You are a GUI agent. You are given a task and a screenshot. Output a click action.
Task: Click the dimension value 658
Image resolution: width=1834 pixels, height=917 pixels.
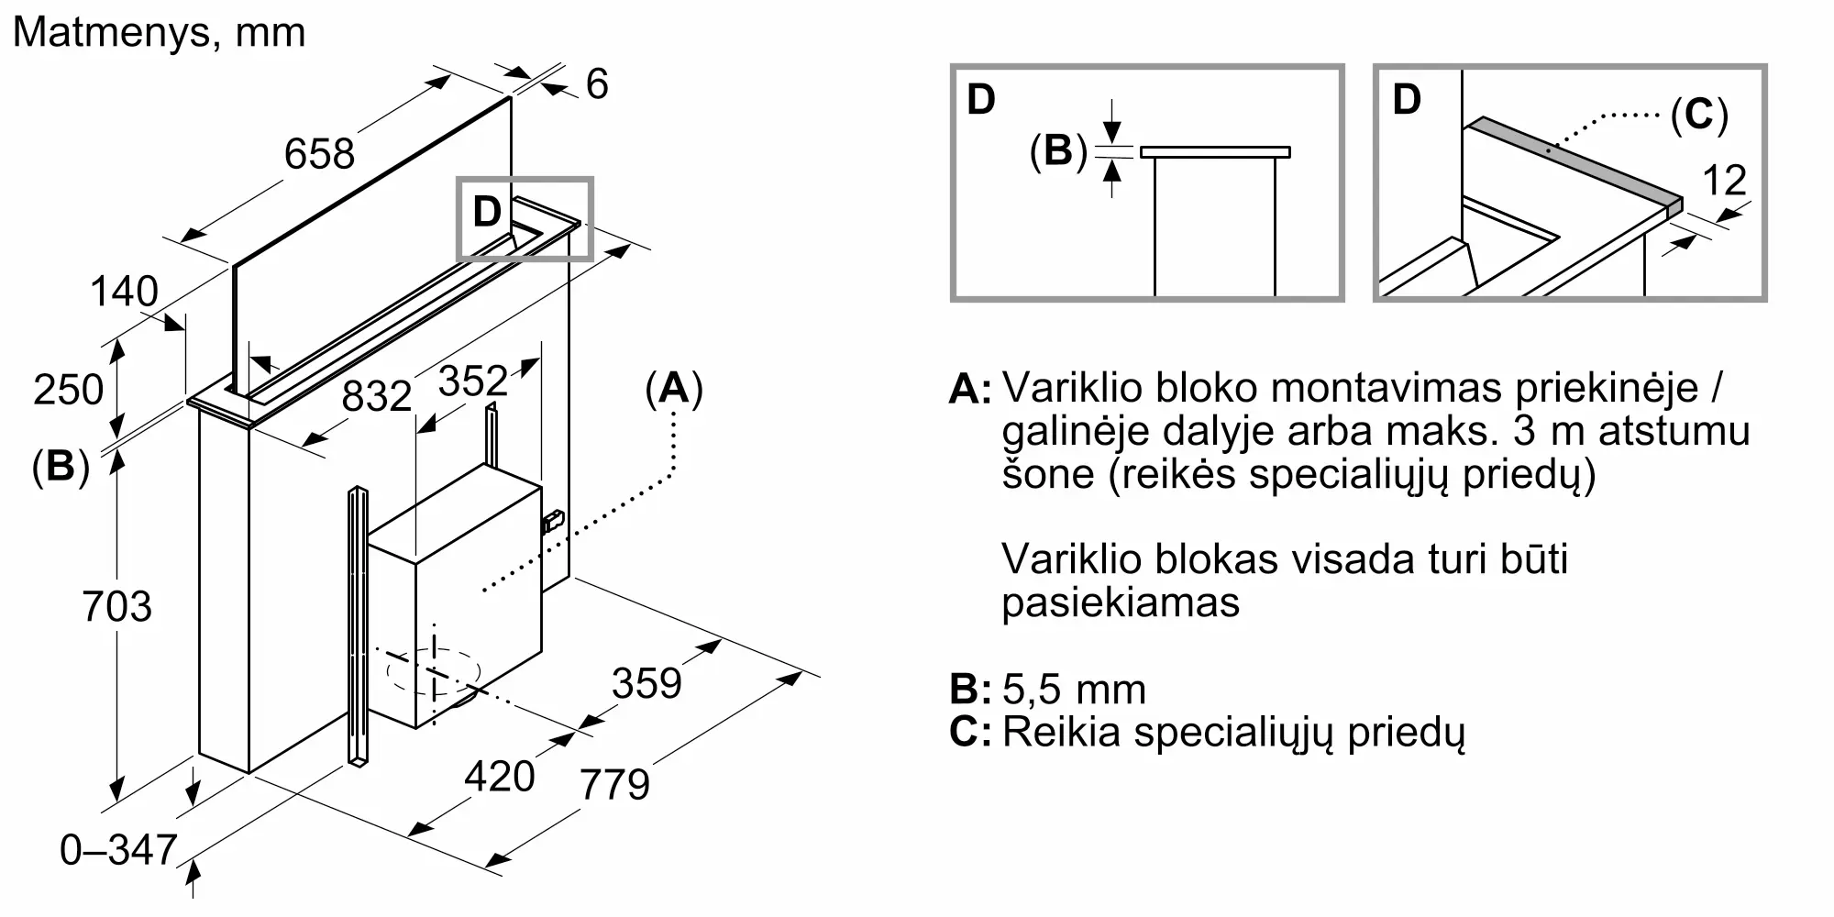point(319,153)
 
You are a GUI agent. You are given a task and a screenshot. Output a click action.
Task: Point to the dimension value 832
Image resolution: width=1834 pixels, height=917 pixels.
point(377,396)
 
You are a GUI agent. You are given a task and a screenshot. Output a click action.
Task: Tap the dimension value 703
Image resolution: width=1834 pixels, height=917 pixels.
point(116,607)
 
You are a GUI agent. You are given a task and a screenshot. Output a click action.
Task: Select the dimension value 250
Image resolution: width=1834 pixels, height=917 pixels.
point(68,390)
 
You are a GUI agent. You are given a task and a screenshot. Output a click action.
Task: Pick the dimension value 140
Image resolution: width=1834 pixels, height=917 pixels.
point(124,292)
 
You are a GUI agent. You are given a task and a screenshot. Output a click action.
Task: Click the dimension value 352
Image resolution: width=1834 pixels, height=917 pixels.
point(473,381)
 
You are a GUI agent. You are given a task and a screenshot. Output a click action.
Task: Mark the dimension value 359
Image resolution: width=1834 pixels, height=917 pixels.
point(647,684)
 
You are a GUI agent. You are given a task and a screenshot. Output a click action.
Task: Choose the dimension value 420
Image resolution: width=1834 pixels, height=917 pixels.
point(500,777)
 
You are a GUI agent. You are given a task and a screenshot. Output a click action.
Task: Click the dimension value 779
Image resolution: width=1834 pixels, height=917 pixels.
point(615,784)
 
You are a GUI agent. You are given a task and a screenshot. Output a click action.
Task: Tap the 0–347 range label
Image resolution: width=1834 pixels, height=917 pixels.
point(118,850)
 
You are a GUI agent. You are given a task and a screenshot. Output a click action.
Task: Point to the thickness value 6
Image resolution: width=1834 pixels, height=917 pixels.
point(597,84)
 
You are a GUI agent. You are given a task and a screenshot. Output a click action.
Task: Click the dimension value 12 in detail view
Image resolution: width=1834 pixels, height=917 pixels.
point(1724,181)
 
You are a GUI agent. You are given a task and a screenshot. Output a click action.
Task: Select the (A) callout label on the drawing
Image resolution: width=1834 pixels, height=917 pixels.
point(674,389)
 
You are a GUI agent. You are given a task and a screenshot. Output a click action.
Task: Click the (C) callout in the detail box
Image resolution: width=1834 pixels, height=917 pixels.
point(1699,116)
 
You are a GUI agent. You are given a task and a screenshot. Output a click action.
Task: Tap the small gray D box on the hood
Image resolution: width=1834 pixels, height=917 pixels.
point(525,219)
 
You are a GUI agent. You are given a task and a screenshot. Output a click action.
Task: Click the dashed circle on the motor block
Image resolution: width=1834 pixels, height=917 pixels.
point(434,671)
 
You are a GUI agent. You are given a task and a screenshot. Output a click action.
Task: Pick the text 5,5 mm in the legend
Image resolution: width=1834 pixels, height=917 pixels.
point(1074,690)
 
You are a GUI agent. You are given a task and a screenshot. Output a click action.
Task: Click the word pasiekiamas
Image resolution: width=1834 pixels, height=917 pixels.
point(1121,602)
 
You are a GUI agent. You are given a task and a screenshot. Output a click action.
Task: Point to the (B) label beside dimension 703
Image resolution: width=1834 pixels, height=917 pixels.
point(61,467)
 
